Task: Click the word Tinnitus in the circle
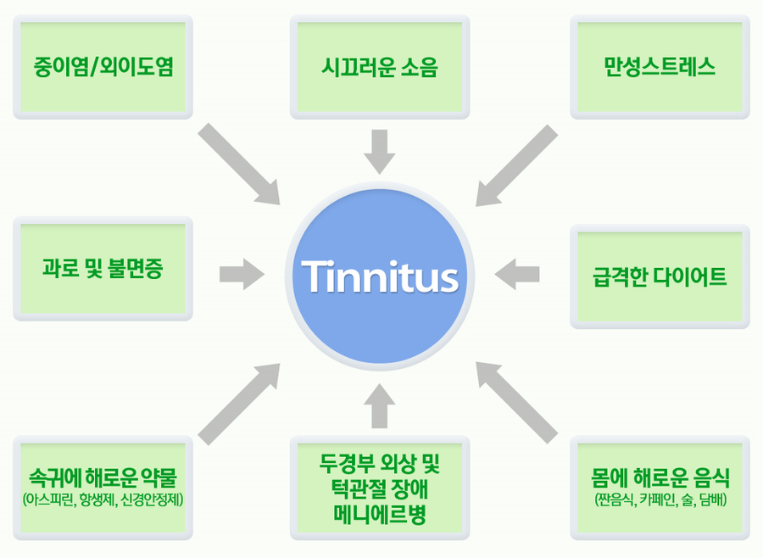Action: coord(380,276)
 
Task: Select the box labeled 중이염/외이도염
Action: coord(103,67)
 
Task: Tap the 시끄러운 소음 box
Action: coord(380,67)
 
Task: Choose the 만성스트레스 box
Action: coord(660,67)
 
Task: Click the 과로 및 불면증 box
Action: coord(103,269)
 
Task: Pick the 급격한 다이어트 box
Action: coord(660,276)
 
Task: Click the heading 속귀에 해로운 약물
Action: coord(103,477)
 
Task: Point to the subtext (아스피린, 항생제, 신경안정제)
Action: coord(103,500)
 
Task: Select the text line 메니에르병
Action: coord(380,515)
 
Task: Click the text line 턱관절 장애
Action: coord(380,488)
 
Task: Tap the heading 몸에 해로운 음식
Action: coord(660,477)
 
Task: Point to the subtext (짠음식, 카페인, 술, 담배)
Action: coord(660,500)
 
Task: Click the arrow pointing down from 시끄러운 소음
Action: coord(380,152)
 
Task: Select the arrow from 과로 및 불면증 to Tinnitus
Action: coord(242,274)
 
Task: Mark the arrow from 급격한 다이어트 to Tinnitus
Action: coord(517,274)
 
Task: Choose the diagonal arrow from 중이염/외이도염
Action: coord(239,164)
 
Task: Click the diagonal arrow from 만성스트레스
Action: coord(517,165)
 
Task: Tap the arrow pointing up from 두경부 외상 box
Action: coord(380,406)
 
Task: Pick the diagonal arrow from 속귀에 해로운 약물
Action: coord(239,405)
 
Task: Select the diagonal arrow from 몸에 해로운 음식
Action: coord(517,403)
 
